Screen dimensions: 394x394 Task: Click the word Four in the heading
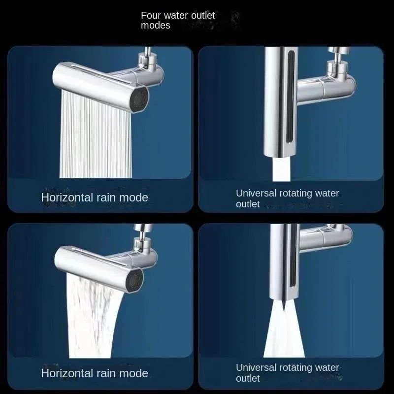tap(150, 15)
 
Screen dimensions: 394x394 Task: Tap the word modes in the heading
tap(155, 26)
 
